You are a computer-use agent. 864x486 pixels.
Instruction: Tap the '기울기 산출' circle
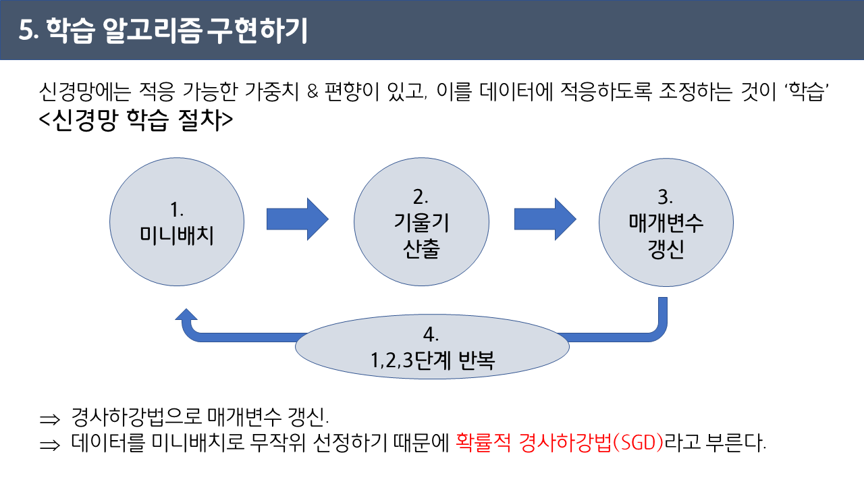pyautogui.click(x=421, y=223)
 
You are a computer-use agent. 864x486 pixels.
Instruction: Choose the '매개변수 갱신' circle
pyautogui.click(x=666, y=223)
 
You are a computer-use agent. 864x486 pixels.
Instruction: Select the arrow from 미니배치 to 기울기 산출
pyautogui.click(x=297, y=219)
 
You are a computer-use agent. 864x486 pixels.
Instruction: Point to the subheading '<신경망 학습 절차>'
pyautogui.click(x=136, y=120)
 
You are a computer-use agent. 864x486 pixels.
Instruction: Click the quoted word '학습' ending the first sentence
pyautogui.click(x=808, y=92)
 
